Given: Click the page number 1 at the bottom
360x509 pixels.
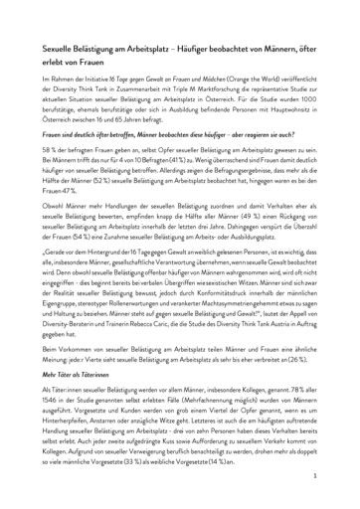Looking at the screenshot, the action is (x=340, y=477).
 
